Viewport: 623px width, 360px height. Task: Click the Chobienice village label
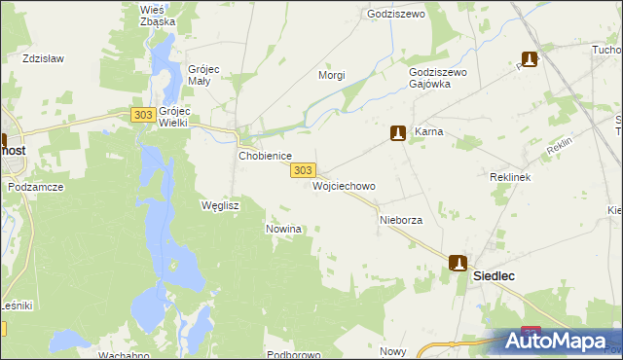click(x=266, y=156)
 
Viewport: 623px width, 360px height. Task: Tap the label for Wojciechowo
click(x=344, y=185)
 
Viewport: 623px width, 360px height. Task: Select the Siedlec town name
click(x=494, y=276)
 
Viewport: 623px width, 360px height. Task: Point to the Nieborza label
click(x=400, y=220)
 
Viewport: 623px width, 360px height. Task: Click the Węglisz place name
click(x=219, y=205)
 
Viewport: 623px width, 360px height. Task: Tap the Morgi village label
click(x=332, y=75)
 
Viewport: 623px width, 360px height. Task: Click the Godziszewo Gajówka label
click(x=439, y=78)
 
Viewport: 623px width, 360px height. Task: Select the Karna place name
click(x=429, y=131)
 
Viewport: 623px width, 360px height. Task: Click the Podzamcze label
click(x=35, y=186)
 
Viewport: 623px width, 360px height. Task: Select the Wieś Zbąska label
click(x=158, y=15)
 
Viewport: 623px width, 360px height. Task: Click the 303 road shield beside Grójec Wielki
click(x=142, y=115)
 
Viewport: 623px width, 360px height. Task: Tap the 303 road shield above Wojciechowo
click(x=302, y=170)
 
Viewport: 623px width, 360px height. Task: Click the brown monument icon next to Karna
click(x=398, y=132)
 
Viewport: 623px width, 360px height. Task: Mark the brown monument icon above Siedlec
click(x=458, y=263)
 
